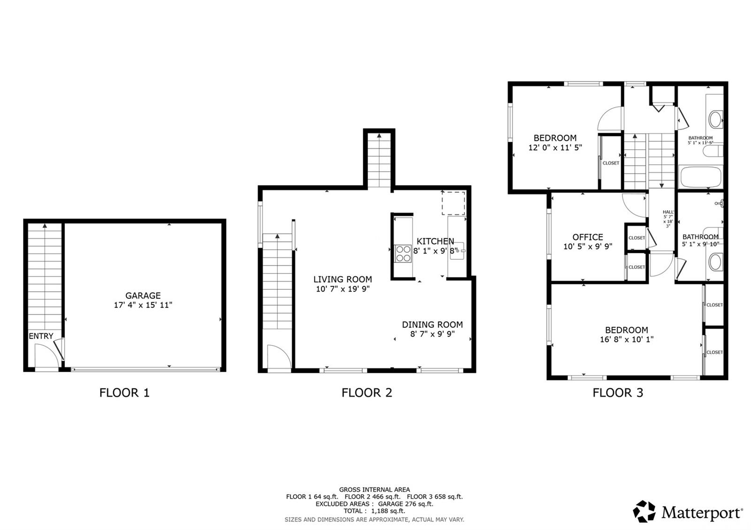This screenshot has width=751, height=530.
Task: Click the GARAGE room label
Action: point(143,295)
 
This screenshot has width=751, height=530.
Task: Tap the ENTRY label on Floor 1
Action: point(41,336)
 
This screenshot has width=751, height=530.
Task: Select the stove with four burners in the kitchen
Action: point(403,254)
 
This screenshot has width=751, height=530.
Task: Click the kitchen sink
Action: point(457,251)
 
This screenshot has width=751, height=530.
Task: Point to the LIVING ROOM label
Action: point(342,280)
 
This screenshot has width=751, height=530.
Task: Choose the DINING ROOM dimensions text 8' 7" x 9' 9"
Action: point(432,334)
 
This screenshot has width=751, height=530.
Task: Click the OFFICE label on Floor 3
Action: point(588,237)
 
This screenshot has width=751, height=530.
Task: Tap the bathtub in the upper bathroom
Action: point(700,176)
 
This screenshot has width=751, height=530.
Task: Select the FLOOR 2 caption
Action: point(367,393)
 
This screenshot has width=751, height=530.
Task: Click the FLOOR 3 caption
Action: point(618,393)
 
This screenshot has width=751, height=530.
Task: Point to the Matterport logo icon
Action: point(644,512)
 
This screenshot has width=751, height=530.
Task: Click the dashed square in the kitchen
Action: point(453,204)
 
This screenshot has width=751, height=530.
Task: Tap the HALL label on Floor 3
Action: point(668,212)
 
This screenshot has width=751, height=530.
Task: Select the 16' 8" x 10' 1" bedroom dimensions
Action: point(627,340)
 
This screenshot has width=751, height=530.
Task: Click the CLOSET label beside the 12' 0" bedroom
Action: point(611,163)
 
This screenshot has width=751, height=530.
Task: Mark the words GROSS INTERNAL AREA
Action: point(375,490)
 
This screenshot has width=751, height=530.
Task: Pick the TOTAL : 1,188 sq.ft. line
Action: point(375,511)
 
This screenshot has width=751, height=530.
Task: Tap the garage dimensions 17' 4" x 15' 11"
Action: point(143,305)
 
